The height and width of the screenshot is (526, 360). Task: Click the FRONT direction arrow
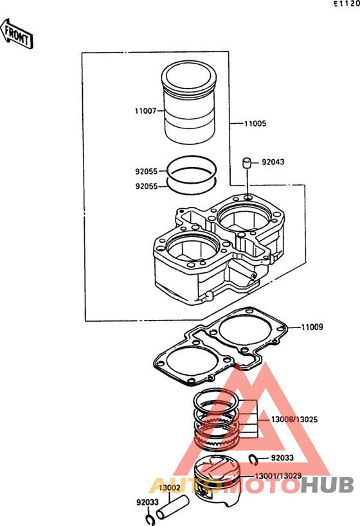coord(17,34)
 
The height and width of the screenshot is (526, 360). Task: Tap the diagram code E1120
coord(346,4)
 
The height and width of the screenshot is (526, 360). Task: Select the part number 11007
coord(146,110)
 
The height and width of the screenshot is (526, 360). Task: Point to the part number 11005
coord(255,123)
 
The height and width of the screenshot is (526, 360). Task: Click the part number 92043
coord(273,162)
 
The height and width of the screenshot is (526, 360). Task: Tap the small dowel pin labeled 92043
coord(248,163)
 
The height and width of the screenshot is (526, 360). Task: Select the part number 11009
coord(312,327)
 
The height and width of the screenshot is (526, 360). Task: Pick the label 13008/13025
coord(294,419)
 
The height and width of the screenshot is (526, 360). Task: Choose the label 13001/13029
coord(278,476)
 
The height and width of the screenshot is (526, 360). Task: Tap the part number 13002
coord(169,487)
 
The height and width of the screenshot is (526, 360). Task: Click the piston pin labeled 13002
coord(172,506)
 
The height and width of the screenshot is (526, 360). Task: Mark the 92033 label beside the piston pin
coord(147,502)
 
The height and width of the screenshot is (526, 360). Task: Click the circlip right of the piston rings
coord(253,460)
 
